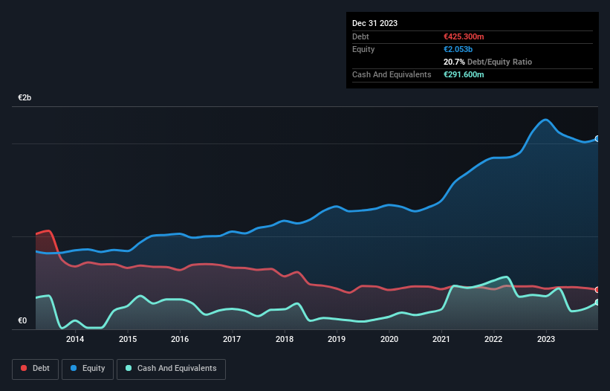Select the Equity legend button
(x=88, y=368)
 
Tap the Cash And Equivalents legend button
(x=171, y=368)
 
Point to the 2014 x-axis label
(x=74, y=340)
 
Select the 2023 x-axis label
(x=546, y=340)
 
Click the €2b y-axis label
(x=25, y=98)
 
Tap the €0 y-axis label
(x=22, y=321)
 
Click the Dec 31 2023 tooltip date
(x=374, y=23)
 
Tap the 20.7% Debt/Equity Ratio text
(x=486, y=62)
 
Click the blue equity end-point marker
(x=597, y=139)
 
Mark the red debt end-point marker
(x=597, y=290)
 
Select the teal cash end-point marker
(x=597, y=303)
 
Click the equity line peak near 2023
(x=546, y=120)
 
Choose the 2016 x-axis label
(x=179, y=340)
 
